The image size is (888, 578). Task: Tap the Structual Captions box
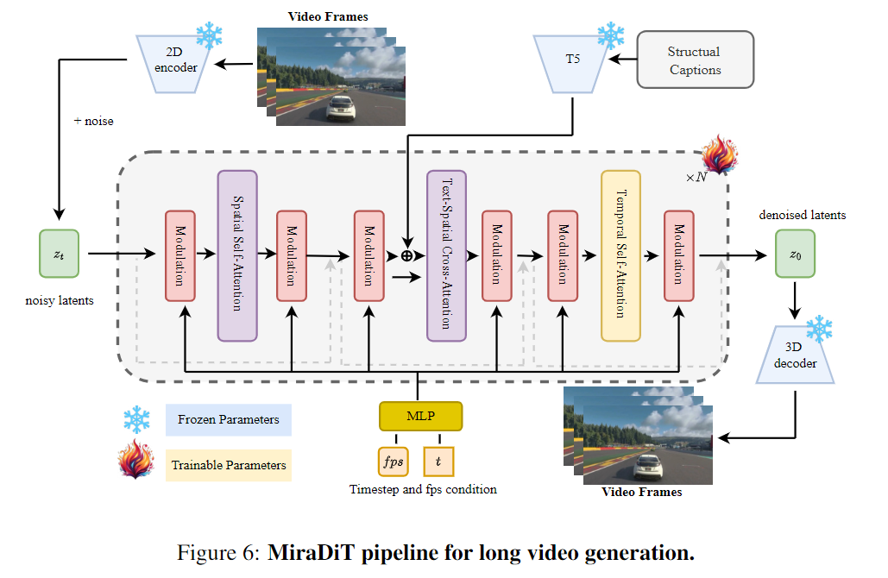[x=694, y=60]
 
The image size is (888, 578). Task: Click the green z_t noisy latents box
[x=59, y=253]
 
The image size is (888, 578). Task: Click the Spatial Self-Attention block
[x=237, y=254]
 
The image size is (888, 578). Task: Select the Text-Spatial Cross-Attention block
[x=446, y=255]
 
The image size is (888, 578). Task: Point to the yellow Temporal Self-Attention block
[x=620, y=255]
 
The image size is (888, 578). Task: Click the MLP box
[x=420, y=417]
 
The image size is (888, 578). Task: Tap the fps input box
[x=393, y=461]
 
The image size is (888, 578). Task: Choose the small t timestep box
[x=438, y=461]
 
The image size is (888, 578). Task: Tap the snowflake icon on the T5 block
[x=610, y=35]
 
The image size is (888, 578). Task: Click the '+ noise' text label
[x=93, y=121]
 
